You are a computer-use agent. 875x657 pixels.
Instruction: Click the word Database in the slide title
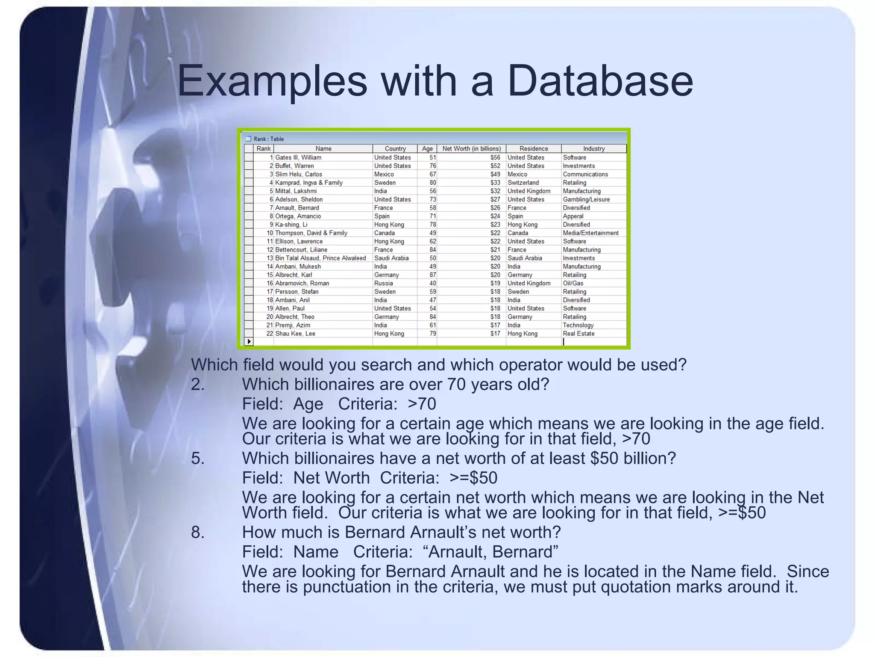pos(600,81)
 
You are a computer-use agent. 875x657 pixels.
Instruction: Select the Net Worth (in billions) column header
pos(471,148)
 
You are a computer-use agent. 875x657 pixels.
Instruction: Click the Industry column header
pos(593,148)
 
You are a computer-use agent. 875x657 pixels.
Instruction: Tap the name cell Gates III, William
pos(298,157)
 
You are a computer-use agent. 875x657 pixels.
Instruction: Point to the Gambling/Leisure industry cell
pos(586,199)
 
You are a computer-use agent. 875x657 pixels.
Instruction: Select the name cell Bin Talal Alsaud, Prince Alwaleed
pos(320,258)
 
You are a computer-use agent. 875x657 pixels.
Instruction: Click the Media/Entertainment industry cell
pos(590,233)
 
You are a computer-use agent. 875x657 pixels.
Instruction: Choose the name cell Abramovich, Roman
pos(302,283)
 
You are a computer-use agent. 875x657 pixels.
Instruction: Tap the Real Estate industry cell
pos(578,334)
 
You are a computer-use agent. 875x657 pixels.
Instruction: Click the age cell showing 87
pos(432,275)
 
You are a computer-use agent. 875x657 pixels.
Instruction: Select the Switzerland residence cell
pos(523,183)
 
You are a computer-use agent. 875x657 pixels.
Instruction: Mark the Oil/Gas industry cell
pos(573,283)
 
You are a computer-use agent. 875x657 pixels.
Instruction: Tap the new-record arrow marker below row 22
pos(249,341)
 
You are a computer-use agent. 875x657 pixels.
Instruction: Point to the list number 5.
pos(197,458)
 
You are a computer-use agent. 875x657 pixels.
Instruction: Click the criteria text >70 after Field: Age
pos(422,404)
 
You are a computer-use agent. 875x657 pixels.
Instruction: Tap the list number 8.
pos(197,532)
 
